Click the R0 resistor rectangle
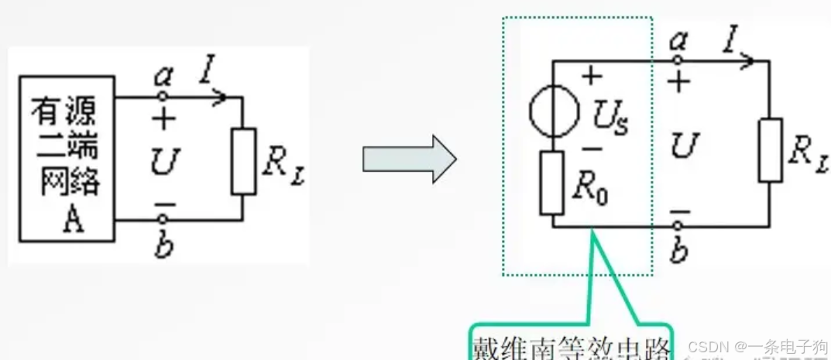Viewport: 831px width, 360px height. click(551, 183)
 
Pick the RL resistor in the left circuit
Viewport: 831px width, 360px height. click(243, 160)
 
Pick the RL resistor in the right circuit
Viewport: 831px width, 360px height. click(770, 149)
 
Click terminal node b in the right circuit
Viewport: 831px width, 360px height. click(678, 226)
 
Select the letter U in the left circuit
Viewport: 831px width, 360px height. click(166, 161)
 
